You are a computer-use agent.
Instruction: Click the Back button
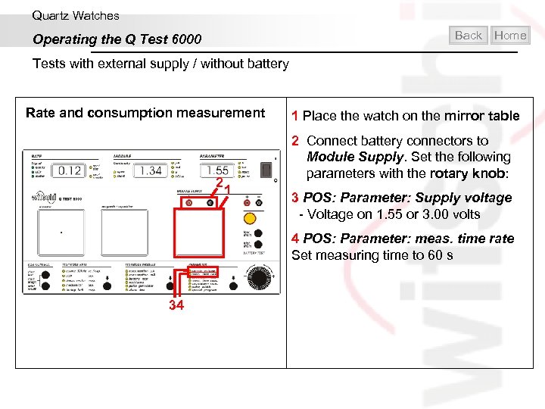tap(469, 35)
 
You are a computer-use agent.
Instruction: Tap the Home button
tap(510, 35)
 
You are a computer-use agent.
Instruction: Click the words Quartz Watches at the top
tap(76, 15)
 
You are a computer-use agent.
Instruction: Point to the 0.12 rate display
tap(70, 170)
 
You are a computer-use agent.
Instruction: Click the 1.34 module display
tap(151, 170)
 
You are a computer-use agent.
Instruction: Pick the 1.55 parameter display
tap(217, 171)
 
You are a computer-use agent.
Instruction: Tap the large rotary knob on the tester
tap(260, 279)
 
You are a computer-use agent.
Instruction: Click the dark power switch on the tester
tap(264, 170)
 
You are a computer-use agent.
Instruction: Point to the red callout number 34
tap(176, 306)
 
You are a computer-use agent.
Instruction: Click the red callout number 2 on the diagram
tap(218, 182)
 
